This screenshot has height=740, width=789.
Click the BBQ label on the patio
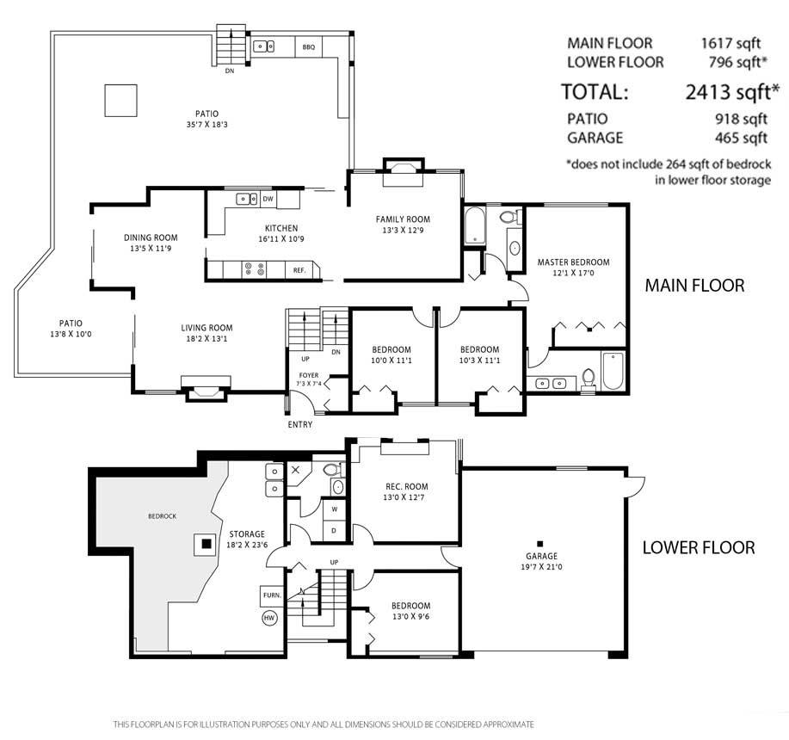(x=308, y=46)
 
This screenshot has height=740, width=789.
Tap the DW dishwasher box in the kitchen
(x=268, y=199)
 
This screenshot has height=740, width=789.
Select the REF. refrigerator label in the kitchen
(x=299, y=270)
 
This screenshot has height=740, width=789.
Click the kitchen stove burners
(x=254, y=269)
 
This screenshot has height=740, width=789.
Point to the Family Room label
(x=403, y=219)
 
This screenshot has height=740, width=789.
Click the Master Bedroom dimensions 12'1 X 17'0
(x=573, y=273)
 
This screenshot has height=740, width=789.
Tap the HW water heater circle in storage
(x=269, y=617)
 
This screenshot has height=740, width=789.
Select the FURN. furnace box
(x=272, y=595)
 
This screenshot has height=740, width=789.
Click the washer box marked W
(x=335, y=509)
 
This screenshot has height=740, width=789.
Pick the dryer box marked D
(x=335, y=530)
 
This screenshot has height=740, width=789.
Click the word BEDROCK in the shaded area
(x=162, y=516)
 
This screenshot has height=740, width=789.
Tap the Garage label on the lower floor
(x=541, y=556)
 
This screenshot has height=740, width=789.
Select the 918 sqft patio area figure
(x=741, y=119)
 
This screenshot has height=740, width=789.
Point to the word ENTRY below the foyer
(x=300, y=424)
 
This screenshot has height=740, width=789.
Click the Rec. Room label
(x=407, y=486)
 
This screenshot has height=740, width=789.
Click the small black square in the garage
(x=540, y=543)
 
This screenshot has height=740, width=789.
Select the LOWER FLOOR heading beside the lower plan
(x=699, y=547)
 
